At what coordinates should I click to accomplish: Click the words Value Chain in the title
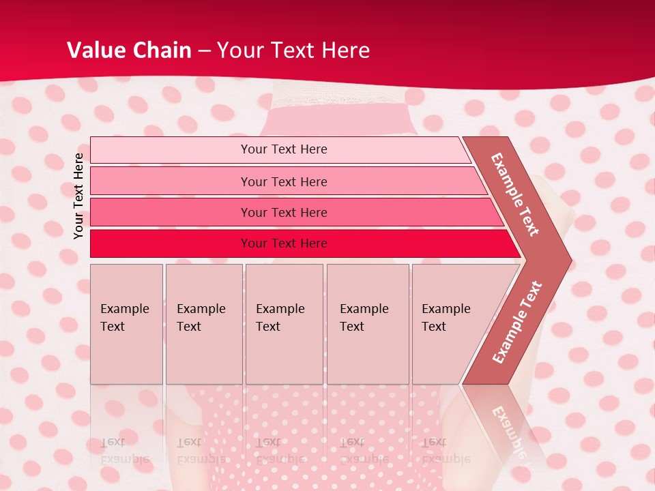[x=129, y=50]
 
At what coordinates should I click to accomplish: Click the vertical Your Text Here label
[x=78, y=196]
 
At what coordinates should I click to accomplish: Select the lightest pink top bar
[x=171, y=150]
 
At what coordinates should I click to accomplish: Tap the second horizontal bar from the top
[x=171, y=181]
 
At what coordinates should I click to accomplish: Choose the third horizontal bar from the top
[x=171, y=212]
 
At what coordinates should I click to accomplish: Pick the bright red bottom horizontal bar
[x=171, y=243]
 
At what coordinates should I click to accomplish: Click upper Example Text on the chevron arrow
[x=515, y=194]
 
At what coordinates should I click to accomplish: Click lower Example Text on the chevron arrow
[x=517, y=323]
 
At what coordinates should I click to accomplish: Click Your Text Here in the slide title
[x=293, y=50]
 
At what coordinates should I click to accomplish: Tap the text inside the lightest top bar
[x=284, y=149]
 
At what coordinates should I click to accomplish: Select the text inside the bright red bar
[x=284, y=243]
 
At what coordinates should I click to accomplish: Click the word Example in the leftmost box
[x=124, y=309]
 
